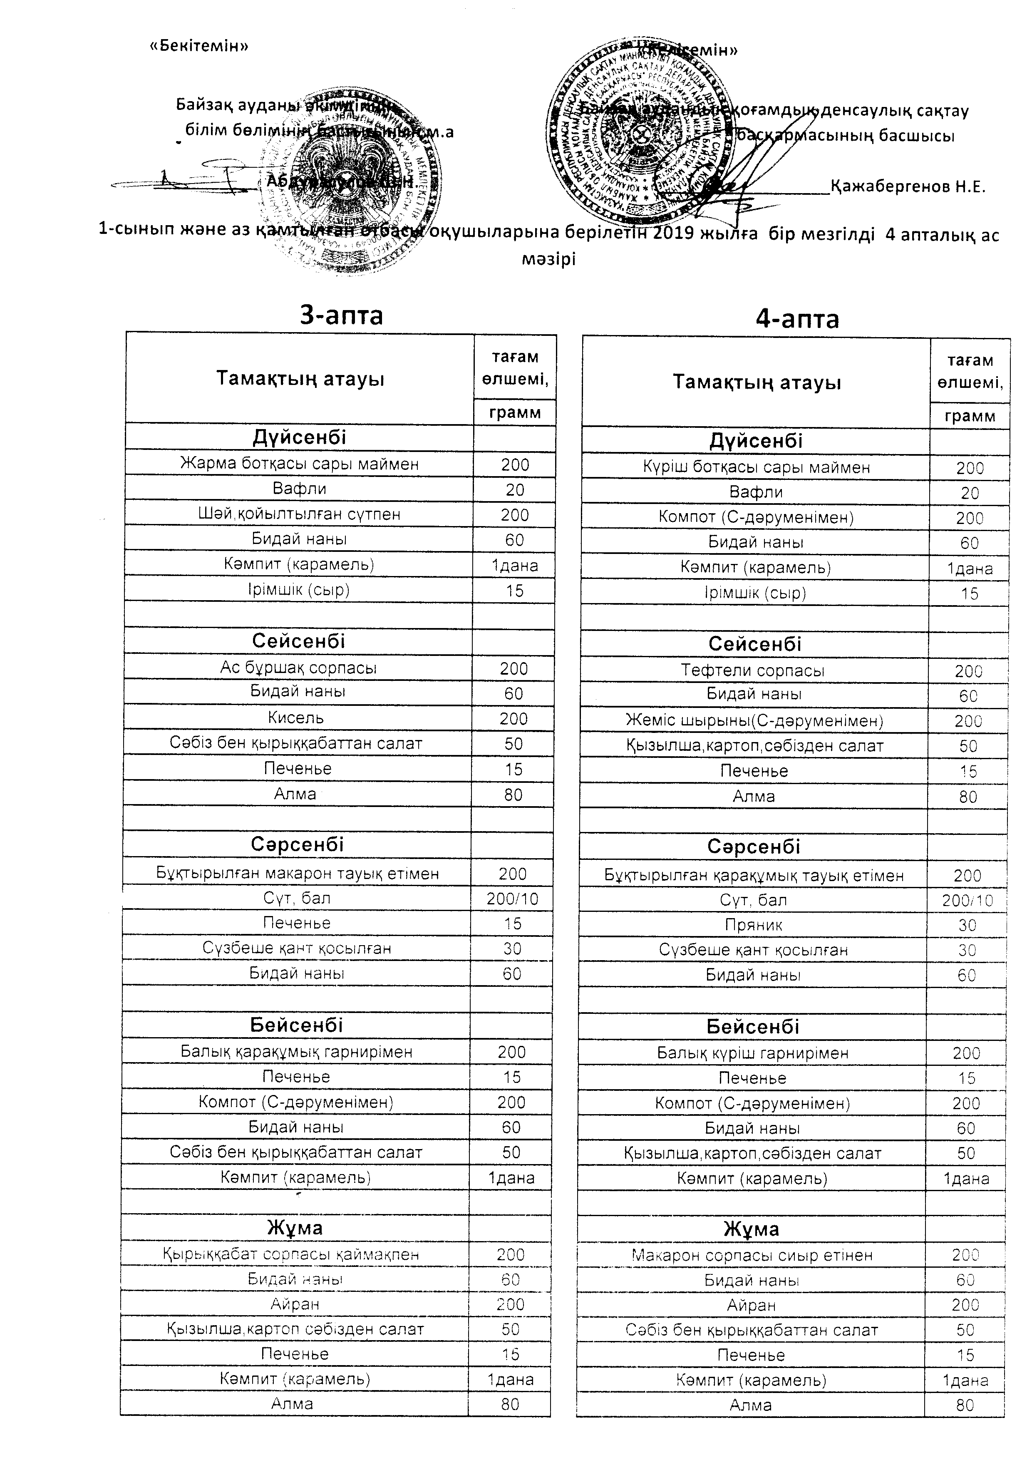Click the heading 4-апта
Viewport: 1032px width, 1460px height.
click(797, 318)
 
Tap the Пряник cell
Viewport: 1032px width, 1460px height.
click(754, 925)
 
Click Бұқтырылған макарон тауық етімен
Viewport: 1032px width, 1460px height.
click(298, 873)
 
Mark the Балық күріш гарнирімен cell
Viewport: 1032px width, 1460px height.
click(753, 1053)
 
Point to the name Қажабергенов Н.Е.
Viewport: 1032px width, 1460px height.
click(908, 187)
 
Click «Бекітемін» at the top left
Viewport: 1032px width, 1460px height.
click(198, 46)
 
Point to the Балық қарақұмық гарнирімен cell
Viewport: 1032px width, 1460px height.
click(296, 1052)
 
